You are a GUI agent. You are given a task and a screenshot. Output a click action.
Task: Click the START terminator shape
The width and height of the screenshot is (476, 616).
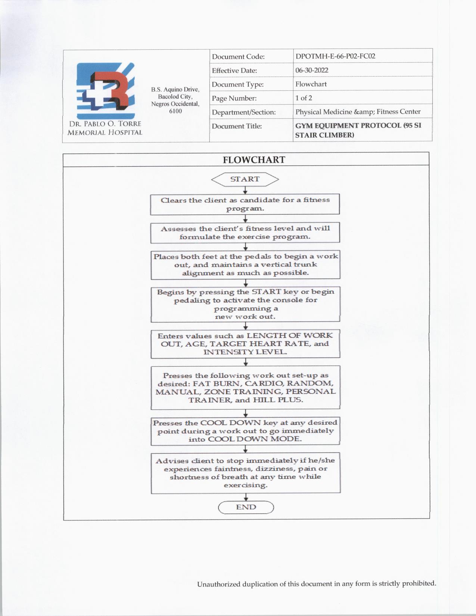point(245,179)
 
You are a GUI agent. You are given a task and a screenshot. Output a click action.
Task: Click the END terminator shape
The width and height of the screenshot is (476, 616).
point(246,507)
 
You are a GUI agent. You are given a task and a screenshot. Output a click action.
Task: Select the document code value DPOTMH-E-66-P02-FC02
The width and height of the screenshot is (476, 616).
point(335,56)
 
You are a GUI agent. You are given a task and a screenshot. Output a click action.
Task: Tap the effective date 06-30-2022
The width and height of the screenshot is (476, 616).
point(312,70)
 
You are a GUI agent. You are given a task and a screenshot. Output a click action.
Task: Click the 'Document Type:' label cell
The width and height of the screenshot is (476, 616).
point(238,84)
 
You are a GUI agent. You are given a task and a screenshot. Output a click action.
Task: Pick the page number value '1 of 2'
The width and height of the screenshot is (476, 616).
point(304,98)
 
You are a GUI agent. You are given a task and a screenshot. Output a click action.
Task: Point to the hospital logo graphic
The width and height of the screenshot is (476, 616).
point(105,91)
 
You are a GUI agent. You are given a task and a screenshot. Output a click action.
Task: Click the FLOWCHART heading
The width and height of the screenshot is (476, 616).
point(254,160)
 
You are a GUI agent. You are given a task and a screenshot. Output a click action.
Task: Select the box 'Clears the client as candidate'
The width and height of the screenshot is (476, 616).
point(245,204)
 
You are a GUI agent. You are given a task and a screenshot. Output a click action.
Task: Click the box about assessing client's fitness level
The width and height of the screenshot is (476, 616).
point(245,233)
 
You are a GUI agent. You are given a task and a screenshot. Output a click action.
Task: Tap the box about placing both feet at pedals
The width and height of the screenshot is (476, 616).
point(245,265)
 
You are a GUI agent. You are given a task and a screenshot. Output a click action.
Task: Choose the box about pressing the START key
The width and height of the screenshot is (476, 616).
point(245,304)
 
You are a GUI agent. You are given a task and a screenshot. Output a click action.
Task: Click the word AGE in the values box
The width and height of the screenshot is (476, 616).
point(195,344)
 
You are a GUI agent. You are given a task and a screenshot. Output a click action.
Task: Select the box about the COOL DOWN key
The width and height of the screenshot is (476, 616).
point(245,431)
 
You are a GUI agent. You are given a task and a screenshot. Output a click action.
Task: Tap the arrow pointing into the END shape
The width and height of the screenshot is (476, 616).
point(246,498)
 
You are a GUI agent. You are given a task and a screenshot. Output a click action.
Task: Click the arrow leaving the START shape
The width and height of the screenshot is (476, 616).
point(245,190)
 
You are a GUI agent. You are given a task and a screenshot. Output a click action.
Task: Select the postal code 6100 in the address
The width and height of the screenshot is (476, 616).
point(175,111)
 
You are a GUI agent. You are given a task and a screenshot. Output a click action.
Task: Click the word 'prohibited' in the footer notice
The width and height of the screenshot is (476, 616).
point(419,584)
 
